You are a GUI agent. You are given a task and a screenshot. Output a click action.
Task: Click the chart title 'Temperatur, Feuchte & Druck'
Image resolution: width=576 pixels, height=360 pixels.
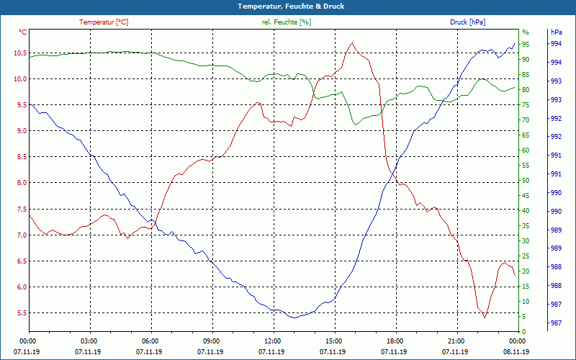pos(287,6)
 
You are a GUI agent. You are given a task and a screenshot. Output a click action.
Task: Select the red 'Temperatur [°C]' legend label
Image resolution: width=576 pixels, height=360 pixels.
pos(104,22)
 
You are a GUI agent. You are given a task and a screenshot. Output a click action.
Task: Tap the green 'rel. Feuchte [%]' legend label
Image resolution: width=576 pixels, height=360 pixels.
pos(287,22)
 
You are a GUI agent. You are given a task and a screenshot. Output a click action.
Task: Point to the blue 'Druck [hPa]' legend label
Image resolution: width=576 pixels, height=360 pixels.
pos(467,22)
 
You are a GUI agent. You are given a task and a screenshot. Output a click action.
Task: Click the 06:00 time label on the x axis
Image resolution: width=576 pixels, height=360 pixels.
pos(150,340)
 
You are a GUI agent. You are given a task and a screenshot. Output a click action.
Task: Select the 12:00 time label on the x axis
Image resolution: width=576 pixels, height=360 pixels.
pos(272,340)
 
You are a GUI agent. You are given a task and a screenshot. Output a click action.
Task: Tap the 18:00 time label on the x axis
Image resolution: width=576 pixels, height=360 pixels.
pos(394,340)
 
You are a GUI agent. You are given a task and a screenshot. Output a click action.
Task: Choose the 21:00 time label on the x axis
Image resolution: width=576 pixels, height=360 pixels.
pos(455,340)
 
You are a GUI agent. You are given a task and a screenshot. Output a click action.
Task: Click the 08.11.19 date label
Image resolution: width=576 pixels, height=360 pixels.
pos(516,351)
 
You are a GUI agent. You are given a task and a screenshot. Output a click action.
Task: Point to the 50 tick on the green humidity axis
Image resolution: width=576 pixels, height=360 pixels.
pos(526,181)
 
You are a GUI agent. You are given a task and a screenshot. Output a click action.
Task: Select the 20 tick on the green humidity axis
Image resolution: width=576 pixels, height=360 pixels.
pos(526,271)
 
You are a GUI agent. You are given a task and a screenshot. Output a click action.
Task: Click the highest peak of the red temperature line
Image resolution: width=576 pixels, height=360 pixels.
pos(351,43)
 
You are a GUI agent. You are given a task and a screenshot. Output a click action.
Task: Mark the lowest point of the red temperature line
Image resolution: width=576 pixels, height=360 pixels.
pos(485,317)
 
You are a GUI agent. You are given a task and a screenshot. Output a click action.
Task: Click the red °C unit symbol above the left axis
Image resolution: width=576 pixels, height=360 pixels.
pos(22,32)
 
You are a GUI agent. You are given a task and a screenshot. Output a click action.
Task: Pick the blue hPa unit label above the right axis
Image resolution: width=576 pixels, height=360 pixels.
pos(556,32)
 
